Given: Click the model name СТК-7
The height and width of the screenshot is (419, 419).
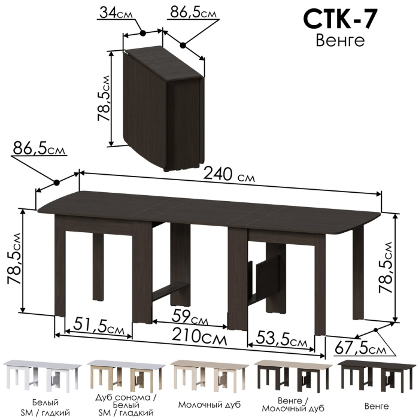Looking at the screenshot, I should click(339, 19).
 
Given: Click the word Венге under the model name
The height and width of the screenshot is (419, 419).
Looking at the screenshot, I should click(339, 41).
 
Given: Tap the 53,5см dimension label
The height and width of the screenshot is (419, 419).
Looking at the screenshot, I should click(283, 341).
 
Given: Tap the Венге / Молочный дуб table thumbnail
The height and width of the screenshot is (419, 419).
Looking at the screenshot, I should click(289, 376).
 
